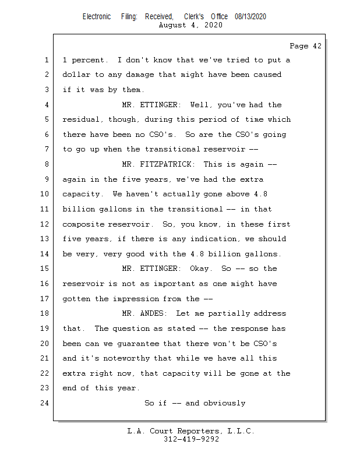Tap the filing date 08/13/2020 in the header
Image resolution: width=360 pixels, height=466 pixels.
250,17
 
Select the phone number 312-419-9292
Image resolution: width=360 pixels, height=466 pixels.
191,439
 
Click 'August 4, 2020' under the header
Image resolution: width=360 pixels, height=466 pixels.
190,25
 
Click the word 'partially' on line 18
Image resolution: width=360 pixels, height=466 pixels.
239,313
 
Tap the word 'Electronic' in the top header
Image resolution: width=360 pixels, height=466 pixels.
97,17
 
